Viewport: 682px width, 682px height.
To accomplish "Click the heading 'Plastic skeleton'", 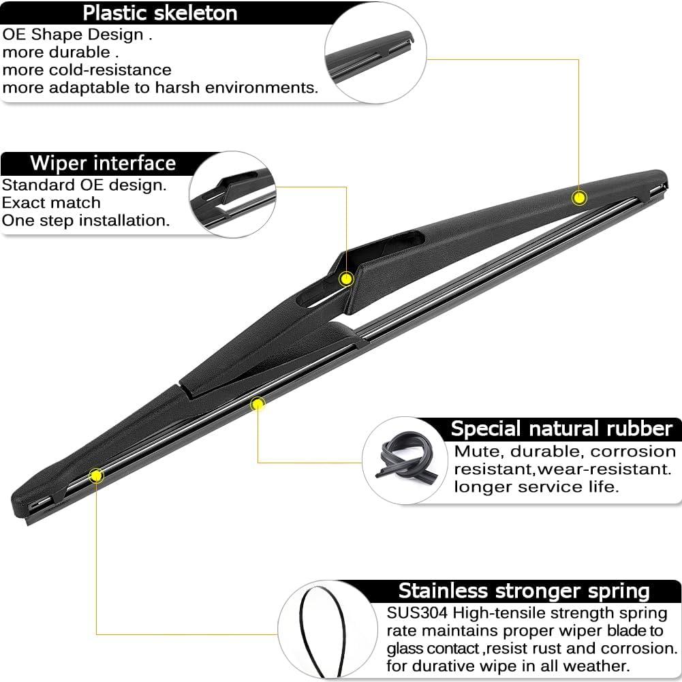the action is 160,13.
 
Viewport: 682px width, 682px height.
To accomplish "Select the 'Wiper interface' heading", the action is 103,163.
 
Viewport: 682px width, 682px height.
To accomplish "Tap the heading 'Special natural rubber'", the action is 561,429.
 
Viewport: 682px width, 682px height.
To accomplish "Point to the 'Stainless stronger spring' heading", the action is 524,591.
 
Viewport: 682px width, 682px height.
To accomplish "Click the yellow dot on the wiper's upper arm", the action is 579,198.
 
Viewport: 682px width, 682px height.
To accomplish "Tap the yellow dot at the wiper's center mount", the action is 346,279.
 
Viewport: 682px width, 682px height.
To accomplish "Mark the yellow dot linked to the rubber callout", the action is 258,405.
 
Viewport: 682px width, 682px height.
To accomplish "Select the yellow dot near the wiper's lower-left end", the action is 96,476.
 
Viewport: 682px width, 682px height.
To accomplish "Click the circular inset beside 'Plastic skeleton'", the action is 375,52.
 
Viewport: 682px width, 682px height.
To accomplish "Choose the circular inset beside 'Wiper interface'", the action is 233,194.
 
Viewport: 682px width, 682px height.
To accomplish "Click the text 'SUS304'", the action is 417,613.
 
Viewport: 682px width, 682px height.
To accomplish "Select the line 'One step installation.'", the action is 86,221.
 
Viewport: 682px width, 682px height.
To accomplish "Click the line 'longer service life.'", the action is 536,486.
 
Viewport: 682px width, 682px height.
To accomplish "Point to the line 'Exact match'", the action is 51,202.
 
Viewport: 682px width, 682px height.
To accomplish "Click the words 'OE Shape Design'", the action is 73,34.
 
